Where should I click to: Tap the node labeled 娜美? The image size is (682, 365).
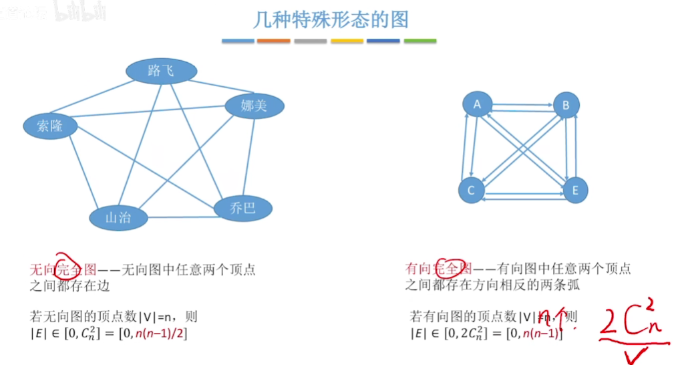(254, 106)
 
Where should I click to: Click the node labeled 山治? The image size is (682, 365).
(118, 217)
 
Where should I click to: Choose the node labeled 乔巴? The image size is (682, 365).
(243, 208)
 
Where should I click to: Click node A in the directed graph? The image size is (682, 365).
(477, 104)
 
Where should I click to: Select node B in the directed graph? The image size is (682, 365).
(566, 105)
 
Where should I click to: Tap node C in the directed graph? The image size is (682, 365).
(471, 191)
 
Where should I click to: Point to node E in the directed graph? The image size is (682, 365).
(574, 191)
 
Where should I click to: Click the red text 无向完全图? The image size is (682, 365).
(63, 269)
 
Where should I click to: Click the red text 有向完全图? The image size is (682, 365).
(439, 269)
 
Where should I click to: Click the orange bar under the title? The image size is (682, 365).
(274, 41)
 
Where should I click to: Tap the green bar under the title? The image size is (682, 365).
(420, 41)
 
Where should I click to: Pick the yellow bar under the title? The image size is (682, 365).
(347, 41)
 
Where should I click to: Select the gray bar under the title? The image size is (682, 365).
(310, 41)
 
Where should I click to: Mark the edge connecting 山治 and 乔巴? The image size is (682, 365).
(180, 216)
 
